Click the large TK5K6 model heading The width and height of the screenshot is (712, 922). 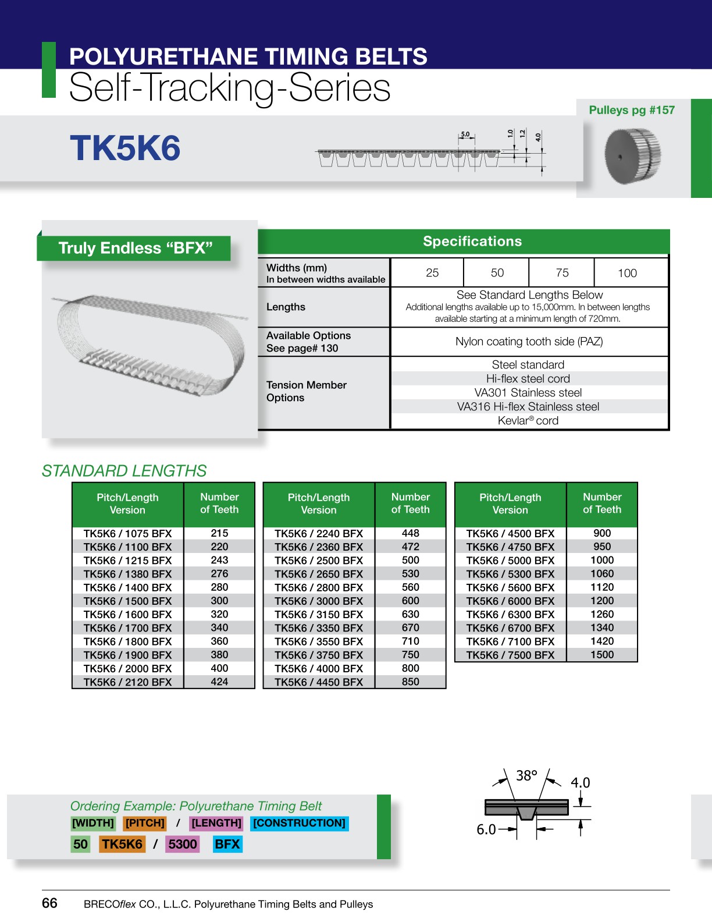tap(125, 148)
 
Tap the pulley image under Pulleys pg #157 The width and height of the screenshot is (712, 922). tap(632, 156)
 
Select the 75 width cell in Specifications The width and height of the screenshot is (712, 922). tap(562, 272)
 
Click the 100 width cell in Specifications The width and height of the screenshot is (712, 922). tap(627, 273)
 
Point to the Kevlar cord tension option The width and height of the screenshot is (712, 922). tap(528, 420)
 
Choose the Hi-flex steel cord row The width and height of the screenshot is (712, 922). tap(528, 378)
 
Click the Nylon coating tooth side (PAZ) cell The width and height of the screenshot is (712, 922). tap(529, 342)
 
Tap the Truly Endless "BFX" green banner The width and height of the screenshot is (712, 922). tap(135, 248)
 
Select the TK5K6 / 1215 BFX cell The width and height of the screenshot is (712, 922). tap(127, 561)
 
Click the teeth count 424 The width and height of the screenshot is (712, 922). tap(219, 682)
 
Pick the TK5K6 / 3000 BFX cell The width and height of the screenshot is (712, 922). tap(319, 601)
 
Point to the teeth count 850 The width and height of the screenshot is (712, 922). tap(410, 682)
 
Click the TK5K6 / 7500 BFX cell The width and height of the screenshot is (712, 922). tap(510, 655)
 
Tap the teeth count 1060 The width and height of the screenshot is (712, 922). tap(602, 574)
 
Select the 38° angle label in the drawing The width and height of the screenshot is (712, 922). tap(526, 775)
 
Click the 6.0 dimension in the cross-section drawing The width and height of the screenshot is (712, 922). tap(486, 829)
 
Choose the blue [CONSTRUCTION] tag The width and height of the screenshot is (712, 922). tap(300, 823)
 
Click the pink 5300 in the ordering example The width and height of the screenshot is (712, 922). tap(183, 844)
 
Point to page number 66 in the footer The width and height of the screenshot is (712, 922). tap(50, 903)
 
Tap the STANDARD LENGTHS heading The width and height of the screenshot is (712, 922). tap(124, 470)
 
